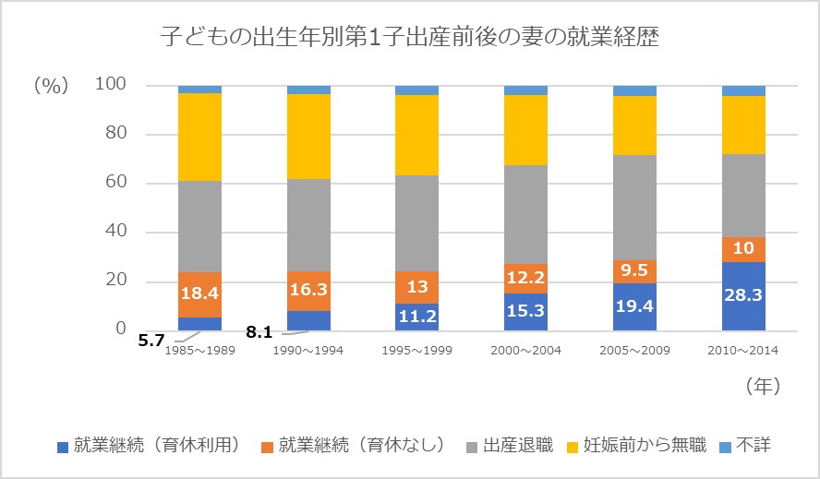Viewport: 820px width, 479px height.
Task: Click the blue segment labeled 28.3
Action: [743, 295]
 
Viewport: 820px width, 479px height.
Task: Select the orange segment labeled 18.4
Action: [199, 294]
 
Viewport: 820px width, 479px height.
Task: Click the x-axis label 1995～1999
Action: [416, 351]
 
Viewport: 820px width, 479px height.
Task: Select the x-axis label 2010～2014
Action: [743, 351]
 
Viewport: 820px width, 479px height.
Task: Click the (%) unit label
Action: [52, 86]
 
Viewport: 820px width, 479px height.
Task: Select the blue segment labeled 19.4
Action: [634, 306]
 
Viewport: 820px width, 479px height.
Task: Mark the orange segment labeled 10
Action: [743, 249]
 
